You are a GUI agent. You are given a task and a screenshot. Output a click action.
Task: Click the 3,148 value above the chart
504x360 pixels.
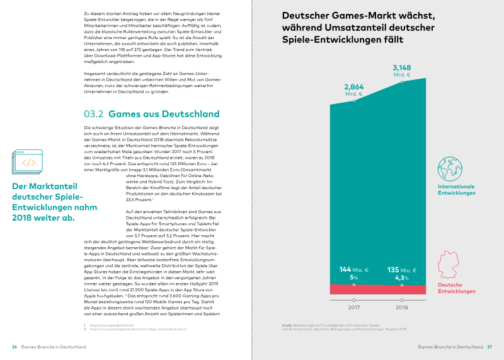point(402,67)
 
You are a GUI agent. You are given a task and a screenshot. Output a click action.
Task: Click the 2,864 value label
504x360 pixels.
point(353,86)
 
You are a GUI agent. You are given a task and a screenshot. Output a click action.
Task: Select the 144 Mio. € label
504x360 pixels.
point(354,269)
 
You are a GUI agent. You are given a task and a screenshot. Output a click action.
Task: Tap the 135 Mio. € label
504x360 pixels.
point(401,269)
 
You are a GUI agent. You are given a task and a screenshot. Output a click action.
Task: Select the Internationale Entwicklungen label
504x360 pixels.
point(457,190)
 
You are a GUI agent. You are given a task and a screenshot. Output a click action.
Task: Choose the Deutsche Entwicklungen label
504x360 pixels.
point(457,289)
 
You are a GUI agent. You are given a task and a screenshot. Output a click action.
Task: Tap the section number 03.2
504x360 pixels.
point(94,114)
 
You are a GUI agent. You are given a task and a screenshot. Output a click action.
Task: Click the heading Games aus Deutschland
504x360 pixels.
point(164,114)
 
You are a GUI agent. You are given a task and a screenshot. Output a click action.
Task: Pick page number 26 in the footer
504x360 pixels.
point(14,347)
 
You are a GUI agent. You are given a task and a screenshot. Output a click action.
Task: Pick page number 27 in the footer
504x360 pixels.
point(489,347)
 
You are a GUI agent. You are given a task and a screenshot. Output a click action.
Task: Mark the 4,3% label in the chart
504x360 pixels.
point(401,278)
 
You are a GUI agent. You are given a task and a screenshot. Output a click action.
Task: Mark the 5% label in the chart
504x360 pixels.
point(354,278)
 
